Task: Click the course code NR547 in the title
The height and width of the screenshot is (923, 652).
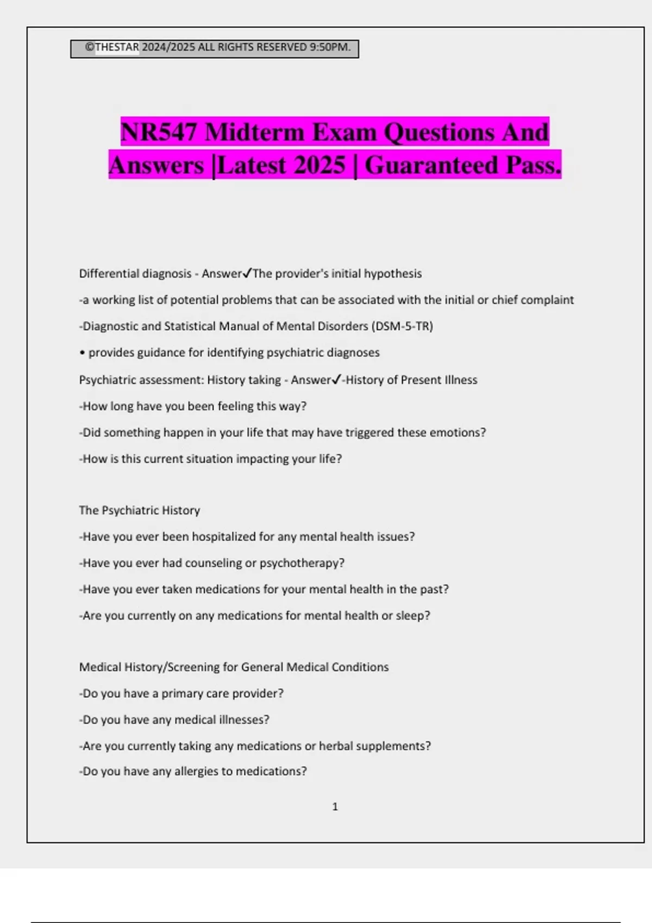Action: tap(159, 132)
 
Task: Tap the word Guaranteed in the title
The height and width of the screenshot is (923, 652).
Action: tap(432, 165)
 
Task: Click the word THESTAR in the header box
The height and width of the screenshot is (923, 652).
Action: tap(117, 47)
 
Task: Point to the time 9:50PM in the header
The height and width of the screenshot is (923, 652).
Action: tap(329, 47)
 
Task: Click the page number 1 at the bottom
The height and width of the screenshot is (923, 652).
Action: tap(335, 807)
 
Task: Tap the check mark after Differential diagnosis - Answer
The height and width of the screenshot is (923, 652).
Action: tap(247, 273)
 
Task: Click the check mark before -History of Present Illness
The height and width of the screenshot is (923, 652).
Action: tap(336, 380)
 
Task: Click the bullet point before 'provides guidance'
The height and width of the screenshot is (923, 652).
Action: tap(82, 353)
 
